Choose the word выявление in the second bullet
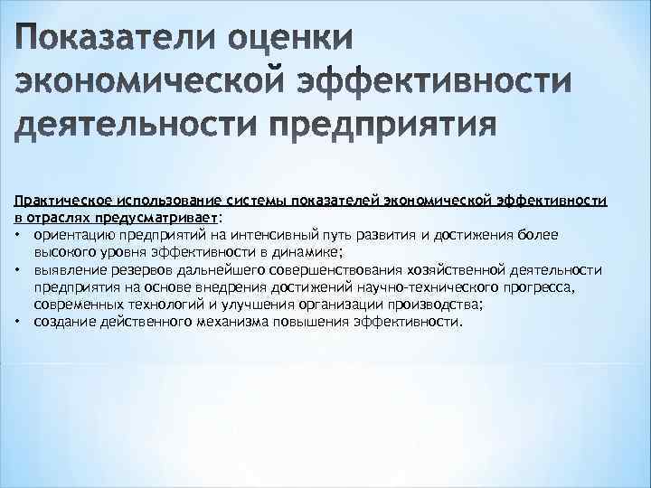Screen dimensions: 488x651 click(66, 270)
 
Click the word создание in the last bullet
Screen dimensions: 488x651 click(61, 321)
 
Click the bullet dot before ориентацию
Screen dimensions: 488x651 click(18, 235)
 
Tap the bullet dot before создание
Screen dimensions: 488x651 click(18, 322)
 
